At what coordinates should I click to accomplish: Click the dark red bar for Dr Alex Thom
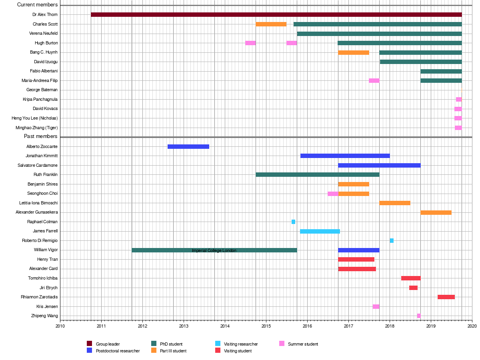pos(276,15)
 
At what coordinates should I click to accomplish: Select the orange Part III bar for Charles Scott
pos(271,24)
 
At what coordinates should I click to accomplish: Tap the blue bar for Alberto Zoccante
pos(188,146)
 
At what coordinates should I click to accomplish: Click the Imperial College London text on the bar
pos(214,250)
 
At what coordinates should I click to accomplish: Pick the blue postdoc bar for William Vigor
pos(358,250)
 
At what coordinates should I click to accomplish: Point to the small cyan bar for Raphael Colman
pos(293,222)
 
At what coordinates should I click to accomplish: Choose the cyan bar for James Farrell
pos(320,231)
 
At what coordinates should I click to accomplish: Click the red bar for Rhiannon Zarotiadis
pos(446,297)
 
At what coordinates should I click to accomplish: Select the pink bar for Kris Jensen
pos(376,306)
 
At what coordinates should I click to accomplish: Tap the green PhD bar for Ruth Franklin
pos(317,174)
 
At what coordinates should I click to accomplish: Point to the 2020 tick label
pos(472,326)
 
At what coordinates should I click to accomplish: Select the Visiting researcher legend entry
pos(240,344)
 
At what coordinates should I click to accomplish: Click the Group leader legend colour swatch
pos(90,344)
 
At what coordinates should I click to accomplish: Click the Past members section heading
pos(41,136)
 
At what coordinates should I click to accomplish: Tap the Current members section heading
pos(38,5)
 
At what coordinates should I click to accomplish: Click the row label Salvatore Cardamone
pos(38,165)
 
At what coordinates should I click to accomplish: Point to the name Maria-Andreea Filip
pos(40,80)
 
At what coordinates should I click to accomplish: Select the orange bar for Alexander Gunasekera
pos(436,212)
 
